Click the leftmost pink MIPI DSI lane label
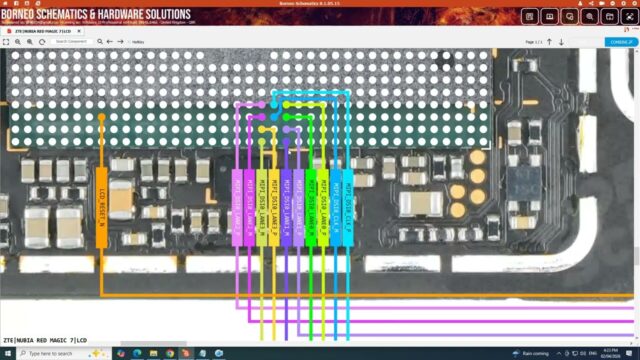click(236, 197)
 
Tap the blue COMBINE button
click(619, 42)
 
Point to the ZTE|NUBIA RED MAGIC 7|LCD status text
click(45, 340)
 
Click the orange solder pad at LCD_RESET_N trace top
click(101, 118)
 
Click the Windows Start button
click(7, 354)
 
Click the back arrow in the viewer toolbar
click(108, 41)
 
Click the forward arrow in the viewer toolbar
click(120, 41)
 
